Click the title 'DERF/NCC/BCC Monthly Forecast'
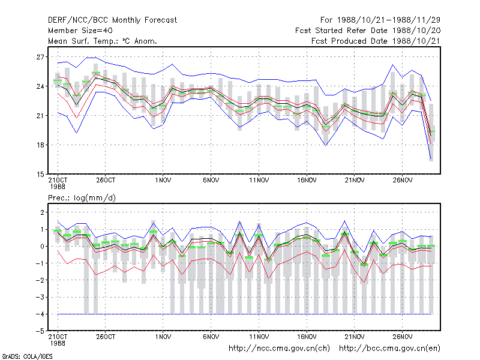[x=112, y=20]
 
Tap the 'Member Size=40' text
[x=80, y=31]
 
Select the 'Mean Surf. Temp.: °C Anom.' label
[x=103, y=41]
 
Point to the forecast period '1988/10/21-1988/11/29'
[x=389, y=20]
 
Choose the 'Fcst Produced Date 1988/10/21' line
[x=376, y=41]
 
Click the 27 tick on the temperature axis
[x=40, y=57]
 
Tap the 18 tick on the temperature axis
[x=40, y=145]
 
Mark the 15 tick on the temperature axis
[x=40, y=174]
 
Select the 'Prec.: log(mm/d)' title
[x=82, y=198]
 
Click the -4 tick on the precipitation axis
[x=40, y=314]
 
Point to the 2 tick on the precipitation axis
[x=42, y=212]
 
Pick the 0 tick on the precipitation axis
[x=42, y=246]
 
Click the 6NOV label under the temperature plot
[x=211, y=181]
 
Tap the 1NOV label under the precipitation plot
[x=163, y=337]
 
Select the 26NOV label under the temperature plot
[x=403, y=181]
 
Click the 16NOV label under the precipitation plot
[x=307, y=337]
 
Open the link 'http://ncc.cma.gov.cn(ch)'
[x=279, y=349]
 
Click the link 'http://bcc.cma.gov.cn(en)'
[x=389, y=349]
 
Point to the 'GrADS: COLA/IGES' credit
[x=27, y=356]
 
